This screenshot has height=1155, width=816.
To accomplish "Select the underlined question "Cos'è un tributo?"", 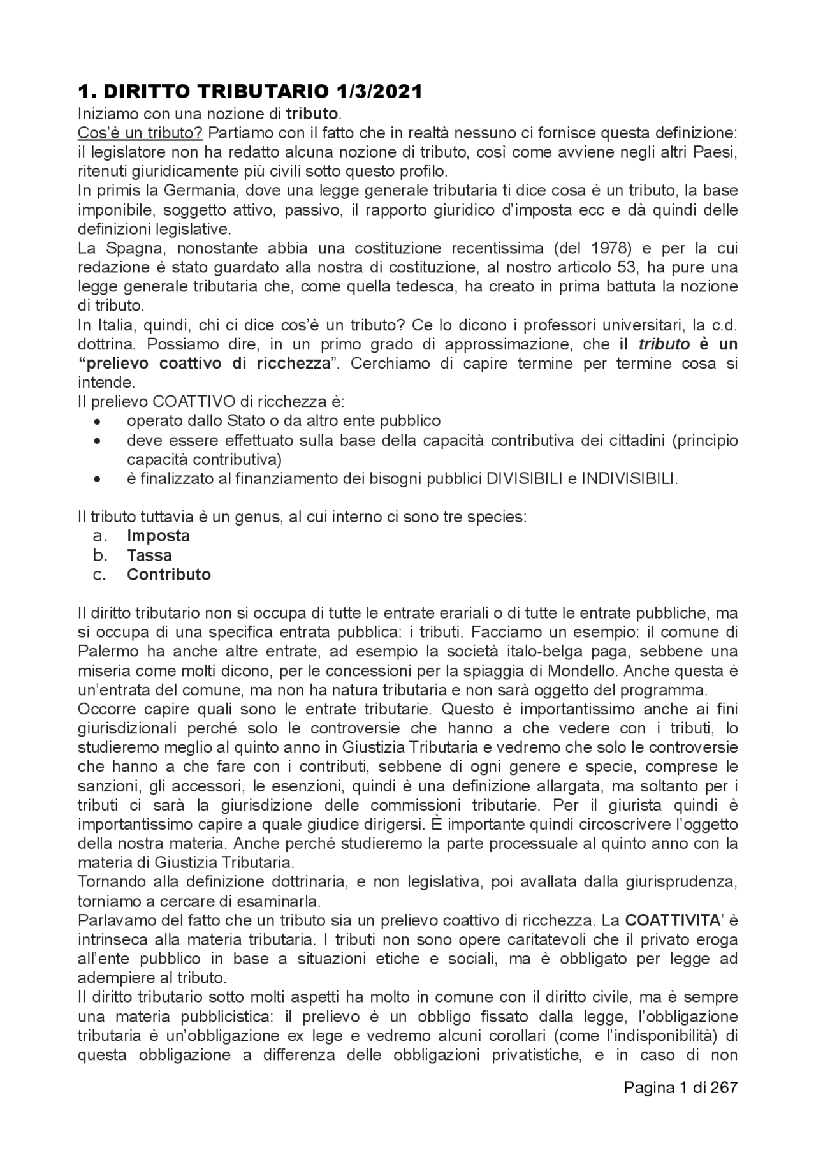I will (140, 133).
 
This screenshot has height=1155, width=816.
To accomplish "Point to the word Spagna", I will (126, 248).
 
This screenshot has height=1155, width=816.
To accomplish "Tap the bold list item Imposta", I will (158, 536).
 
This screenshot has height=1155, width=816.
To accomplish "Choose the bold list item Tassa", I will (149, 555).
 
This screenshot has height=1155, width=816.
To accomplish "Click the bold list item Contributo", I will (169, 575).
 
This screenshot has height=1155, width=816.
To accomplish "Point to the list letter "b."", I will (100, 555).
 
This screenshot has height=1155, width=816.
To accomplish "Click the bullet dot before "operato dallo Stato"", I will (97, 422).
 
